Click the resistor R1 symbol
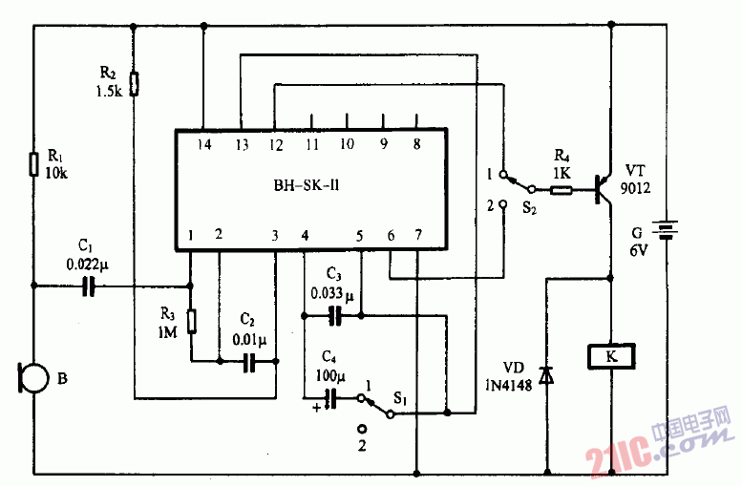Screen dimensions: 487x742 tap(33, 163)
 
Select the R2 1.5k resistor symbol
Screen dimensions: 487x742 tap(134, 84)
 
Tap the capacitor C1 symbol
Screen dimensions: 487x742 tap(89, 285)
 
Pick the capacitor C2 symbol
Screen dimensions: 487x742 tap(249, 361)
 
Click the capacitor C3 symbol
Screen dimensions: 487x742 tap(333, 313)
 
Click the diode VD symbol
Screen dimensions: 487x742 tap(546, 376)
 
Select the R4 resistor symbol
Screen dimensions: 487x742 tap(562, 189)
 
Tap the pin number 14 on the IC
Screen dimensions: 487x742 tap(203, 145)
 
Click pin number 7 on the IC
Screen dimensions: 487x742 tap(416, 235)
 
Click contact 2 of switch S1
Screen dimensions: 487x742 tap(362, 430)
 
